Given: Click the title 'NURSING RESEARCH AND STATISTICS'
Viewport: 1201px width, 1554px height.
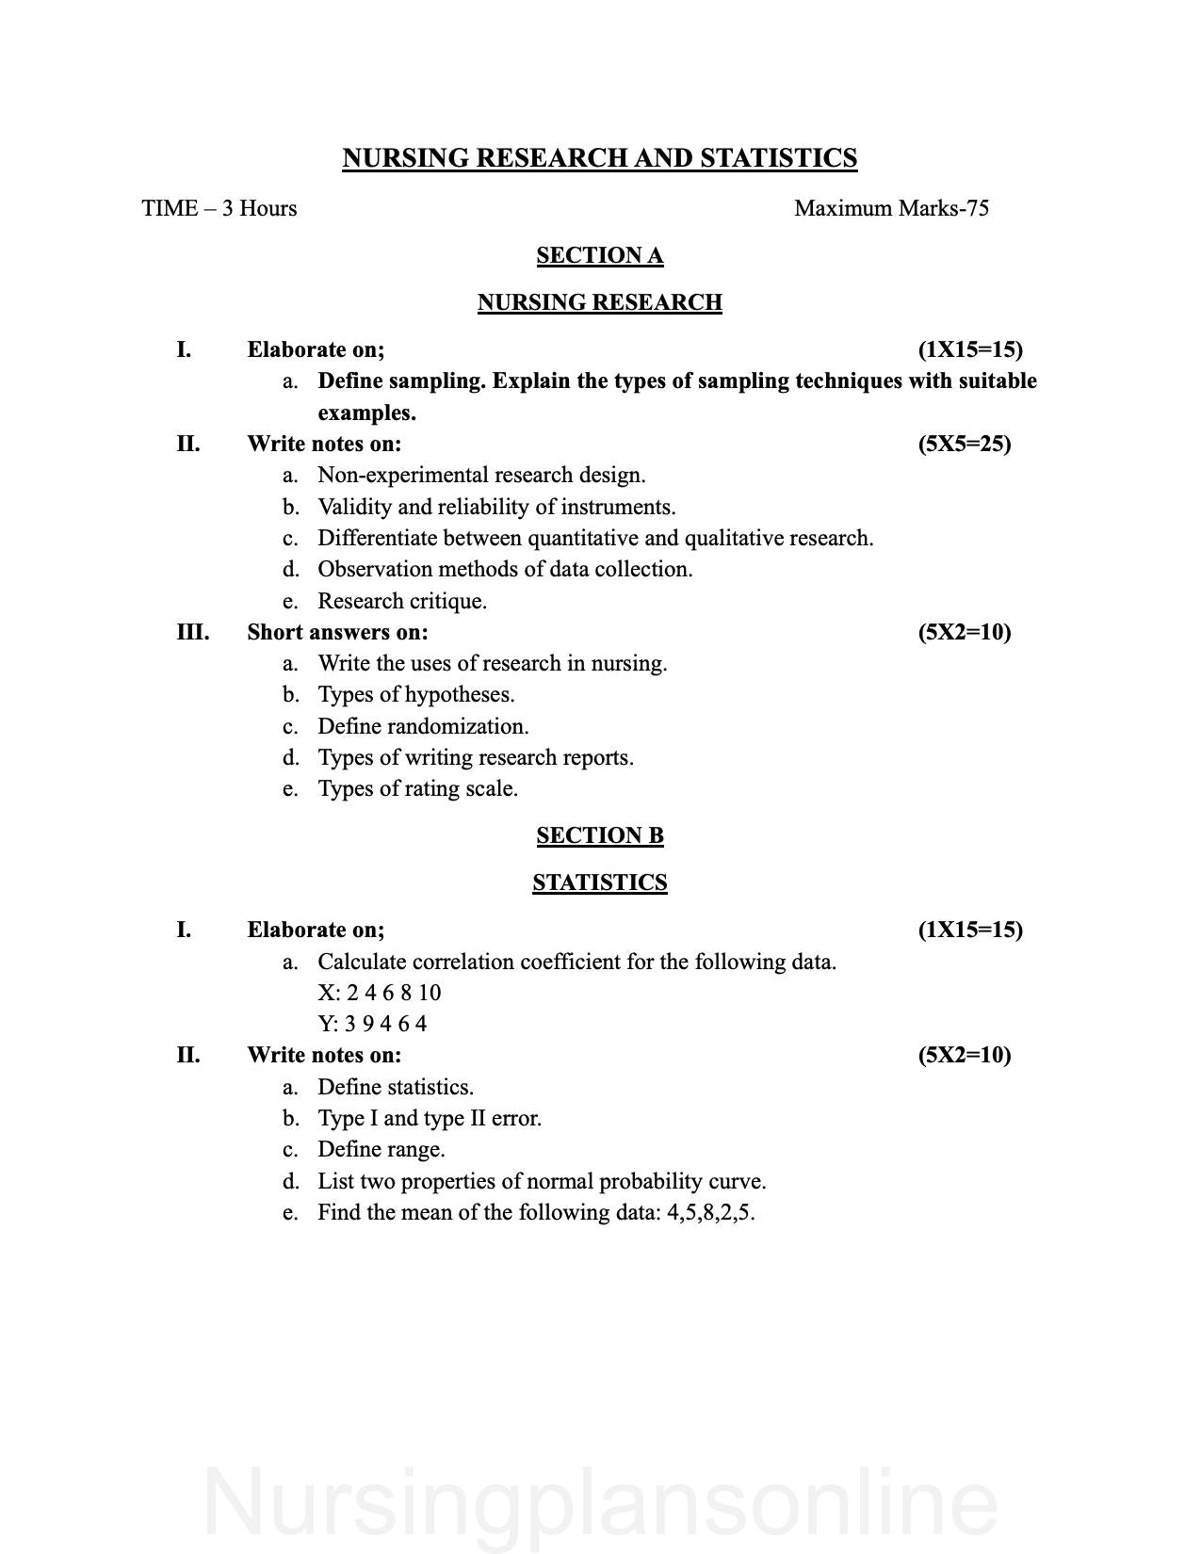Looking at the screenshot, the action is pyautogui.click(x=599, y=158).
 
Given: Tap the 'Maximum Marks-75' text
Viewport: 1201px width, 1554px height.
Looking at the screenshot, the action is pyautogui.click(x=891, y=208).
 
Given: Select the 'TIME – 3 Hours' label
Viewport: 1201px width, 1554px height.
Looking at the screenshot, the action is pyautogui.click(x=219, y=208).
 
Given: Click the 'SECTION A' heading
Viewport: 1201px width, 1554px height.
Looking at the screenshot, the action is pyautogui.click(x=599, y=255).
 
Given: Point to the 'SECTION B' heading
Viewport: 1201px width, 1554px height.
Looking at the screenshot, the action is pyautogui.click(x=599, y=835).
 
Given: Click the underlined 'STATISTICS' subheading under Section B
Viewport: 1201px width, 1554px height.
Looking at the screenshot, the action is pyautogui.click(x=599, y=882).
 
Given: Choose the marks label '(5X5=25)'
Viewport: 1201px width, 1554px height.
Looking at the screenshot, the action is pyautogui.click(x=964, y=444).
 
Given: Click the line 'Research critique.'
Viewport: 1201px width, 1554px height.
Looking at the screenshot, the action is pyautogui.click(x=402, y=601).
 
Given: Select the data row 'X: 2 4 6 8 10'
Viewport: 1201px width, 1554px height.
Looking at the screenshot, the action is pyautogui.click(x=380, y=993).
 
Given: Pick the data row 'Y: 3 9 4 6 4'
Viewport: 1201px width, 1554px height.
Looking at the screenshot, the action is pyautogui.click(x=372, y=1024).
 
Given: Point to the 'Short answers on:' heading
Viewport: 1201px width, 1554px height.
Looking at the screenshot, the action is pyautogui.click(x=337, y=632).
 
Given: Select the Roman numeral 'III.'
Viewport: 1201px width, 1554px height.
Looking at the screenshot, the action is pyautogui.click(x=192, y=632).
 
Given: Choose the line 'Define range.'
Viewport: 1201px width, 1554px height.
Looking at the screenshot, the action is pyautogui.click(x=381, y=1149).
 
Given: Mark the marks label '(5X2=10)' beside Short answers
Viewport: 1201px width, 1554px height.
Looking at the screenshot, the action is pyautogui.click(x=964, y=632).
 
